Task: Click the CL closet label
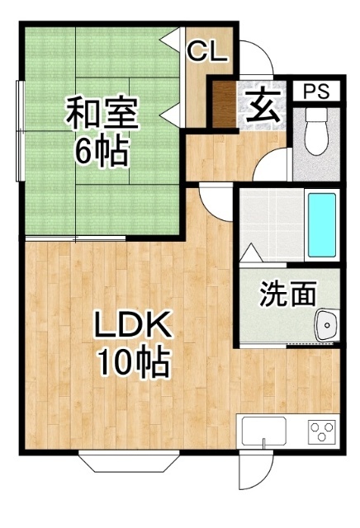coord(207,51)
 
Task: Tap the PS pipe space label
coord(316,91)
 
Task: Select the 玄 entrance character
coord(263,106)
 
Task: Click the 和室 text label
coord(102,114)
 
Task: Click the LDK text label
coord(132,324)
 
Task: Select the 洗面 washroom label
coord(288,294)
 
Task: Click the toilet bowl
coord(316,131)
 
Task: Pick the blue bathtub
coord(322,224)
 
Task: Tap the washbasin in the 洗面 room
coord(326,324)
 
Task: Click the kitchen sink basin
coord(264,431)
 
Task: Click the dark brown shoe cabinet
coord(224,105)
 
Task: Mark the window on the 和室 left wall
coord(20,131)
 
